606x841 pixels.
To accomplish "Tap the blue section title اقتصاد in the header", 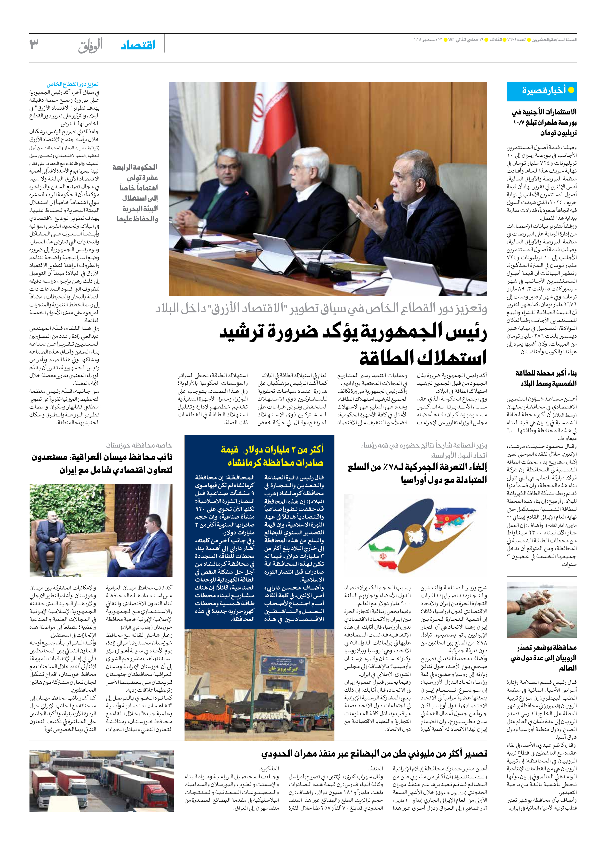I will pyautogui.click(x=138, y=45).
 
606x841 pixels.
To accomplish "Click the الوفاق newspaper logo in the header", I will pyautogui.click(x=90, y=46).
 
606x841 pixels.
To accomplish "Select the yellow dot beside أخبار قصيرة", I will pyautogui.click(x=571, y=90).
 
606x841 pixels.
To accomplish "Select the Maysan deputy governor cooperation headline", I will pyautogui.click(x=102, y=463).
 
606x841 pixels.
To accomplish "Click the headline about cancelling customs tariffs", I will pyautogui.click(x=417, y=473).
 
